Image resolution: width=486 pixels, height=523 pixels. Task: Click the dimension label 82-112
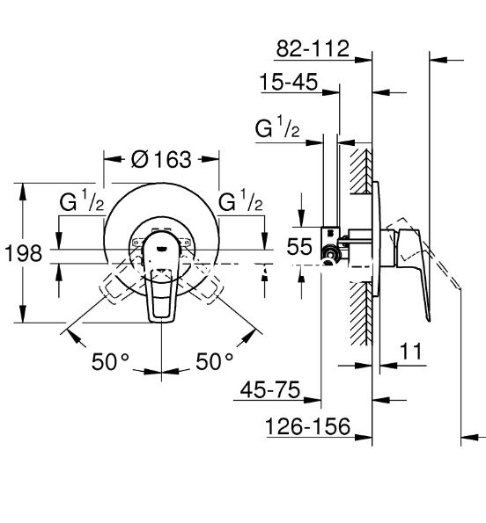pyautogui.click(x=313, y=48)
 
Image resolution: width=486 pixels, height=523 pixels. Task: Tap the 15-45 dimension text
pyautogui.click(x=289, y=82)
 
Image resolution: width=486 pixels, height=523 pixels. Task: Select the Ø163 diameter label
pyautogui.click(x=161, y=159)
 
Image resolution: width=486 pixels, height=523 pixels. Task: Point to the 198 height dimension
pyautogui.click(x=24, y=253)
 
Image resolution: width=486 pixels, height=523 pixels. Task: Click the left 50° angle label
pyautogui.click(x=110, y=361)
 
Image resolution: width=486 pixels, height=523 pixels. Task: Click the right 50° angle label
pyautogui.click(x=215, y=361)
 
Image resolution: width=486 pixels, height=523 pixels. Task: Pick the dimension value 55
pyautogui.click(x=299, y=247)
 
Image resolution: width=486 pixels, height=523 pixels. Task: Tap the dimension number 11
pyautogui.click(x=411, y=351)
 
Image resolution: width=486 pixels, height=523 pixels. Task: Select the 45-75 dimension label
pyautogui.click(x=270, y=389)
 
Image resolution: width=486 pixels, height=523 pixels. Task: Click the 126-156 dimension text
pyautogui.click(x=308, y=426)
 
